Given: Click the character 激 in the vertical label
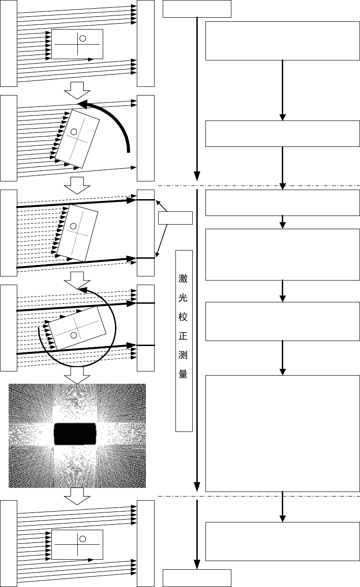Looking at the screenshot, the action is click(183, 277).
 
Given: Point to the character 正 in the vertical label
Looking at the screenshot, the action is click(183, 336).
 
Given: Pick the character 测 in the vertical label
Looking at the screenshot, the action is click(183, 356).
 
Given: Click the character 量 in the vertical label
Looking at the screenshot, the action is click(183, 376).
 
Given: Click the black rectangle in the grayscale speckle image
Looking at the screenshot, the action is click(76, 434).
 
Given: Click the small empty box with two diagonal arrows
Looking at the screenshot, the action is click(175, 218).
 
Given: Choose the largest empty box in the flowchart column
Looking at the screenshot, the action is click(282, 433).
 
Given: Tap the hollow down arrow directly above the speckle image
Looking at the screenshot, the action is click(77, 375).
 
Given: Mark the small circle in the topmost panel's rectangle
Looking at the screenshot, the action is click(83, 38).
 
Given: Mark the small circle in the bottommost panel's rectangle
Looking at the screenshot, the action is click(83, 539).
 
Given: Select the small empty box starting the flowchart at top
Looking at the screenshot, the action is click(197, 9).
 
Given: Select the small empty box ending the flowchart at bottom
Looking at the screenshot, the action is click(197, 578).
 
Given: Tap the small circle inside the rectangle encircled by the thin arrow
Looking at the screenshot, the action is click(74, 335).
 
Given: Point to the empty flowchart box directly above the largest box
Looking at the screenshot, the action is click(282, 321).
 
